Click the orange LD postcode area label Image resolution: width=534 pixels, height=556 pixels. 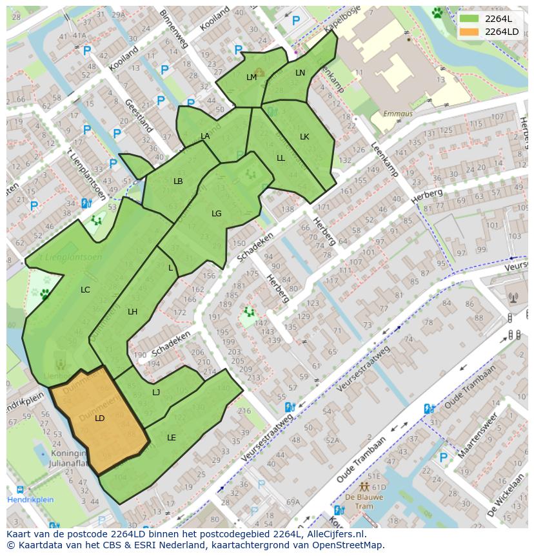click(x=99, y=418)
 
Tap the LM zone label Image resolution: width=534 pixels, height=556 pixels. click(x=252, y=77)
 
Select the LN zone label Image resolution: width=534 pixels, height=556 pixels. click(x=300, y=73)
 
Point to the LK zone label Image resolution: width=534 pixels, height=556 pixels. click(x=304, y=137)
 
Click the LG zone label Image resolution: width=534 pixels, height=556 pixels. click(x=217, y=214)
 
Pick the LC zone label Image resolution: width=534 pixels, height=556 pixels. click(x=85, y=290)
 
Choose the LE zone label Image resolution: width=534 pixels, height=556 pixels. click(x=172, y=438)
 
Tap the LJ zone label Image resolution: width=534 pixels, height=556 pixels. click(x=156, y=393)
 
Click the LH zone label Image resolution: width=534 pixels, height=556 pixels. click(x=132, y=312)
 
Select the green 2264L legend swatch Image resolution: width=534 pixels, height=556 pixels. click(x=470, y=19)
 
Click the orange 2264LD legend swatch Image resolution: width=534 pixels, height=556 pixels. click(x=470, y=32)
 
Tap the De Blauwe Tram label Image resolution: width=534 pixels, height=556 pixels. click(x=364, y=497)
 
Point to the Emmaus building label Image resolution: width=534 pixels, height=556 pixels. click(x=397, y=114)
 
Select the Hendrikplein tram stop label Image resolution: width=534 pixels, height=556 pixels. click(x=30, y=500)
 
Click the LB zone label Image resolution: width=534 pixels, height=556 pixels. click(x=178, y=181)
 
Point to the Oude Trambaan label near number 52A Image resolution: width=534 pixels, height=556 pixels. click(x=361, y=460)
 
